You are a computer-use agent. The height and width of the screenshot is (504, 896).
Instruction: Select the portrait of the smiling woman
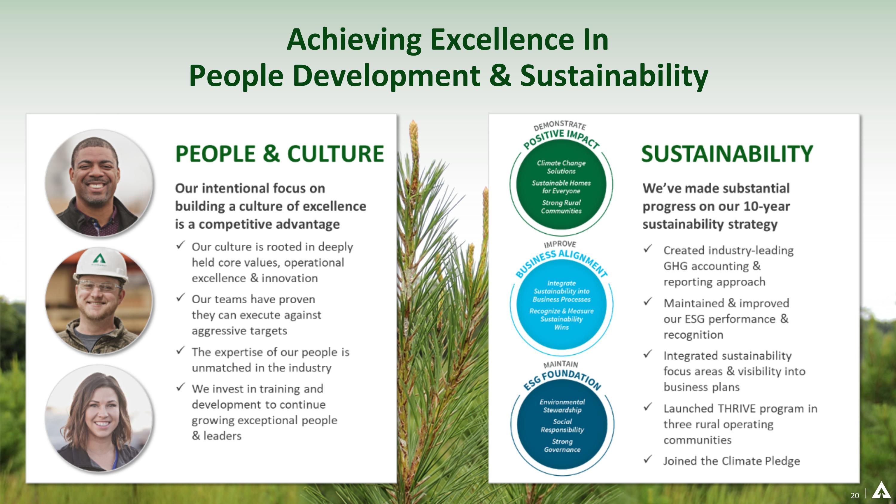click(x=99, y=419)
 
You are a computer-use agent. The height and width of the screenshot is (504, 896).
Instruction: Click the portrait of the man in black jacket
click(x=99, y=183)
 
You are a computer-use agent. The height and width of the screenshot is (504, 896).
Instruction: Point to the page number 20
click(x=854, y=495)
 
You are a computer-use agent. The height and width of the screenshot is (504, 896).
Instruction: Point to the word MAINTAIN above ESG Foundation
click(x=560, y=364)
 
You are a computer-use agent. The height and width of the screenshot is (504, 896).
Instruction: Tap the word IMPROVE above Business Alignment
click(x=560, y=244)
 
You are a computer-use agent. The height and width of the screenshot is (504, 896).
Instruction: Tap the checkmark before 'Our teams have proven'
click(x=180, y=298)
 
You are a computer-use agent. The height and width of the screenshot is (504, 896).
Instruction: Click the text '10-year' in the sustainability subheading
click(x=766, y=206)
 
